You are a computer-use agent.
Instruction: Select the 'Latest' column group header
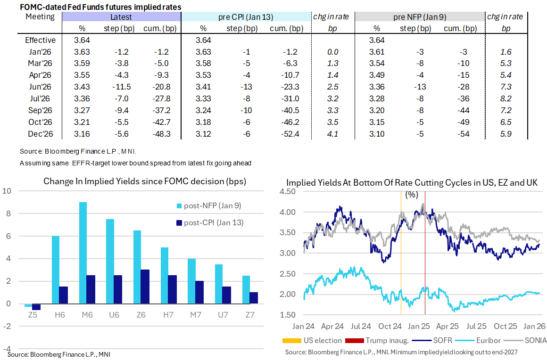tap(121, 17)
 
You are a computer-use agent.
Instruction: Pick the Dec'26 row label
tap(40, 134)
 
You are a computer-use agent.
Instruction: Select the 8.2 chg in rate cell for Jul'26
tap(505, 99)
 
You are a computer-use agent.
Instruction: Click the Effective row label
tap(40, 41)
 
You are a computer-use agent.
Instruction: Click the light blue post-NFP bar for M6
tap(83, 253)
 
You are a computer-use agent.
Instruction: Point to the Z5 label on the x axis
tap(32, 314)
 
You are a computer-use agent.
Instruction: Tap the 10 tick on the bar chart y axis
tap(7, 191)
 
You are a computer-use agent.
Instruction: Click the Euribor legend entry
tap(481, 340)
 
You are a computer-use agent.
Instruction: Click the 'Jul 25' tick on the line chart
tap(477, 326)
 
